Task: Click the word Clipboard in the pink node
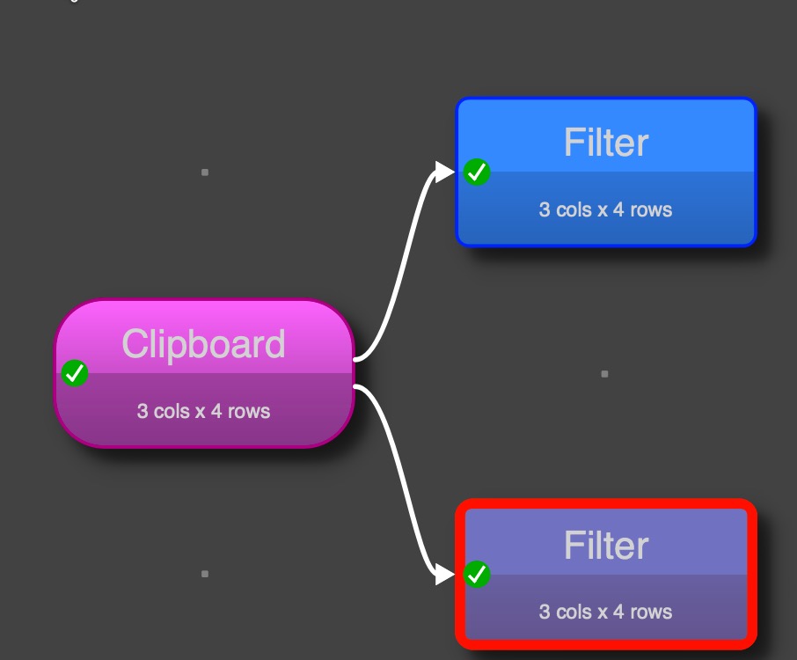pyautogui.click(x=203, y=344)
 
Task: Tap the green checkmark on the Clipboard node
pyautogui.click(x=75, y=373)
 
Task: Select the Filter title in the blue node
pyautogui.click(x=606, y=143)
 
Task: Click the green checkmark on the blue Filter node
pyautogui.click(x=477, y=172)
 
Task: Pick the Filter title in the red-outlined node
pyautogui.click(x=606, y=546)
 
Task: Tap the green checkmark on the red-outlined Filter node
pyautogui.click(x=477, y=575)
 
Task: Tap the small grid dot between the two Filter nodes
pyautogui.click(x=604, y=374)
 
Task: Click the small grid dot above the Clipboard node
pyautogui.click(x=205, y=172)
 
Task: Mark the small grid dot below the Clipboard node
pyautogui.click(x=205, y=574)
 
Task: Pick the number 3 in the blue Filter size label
pyautogui.click(x=545, y=209)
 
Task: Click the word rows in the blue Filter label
pyautogui.click(x=651, y=209)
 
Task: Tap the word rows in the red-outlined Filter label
pyautogui.click(x=651, y=612)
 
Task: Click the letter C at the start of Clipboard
pyautogui.click(x=134, y=344)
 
